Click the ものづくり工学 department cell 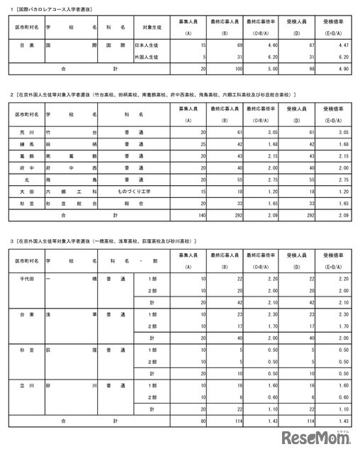pyautogui.click(x=135, y=192)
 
